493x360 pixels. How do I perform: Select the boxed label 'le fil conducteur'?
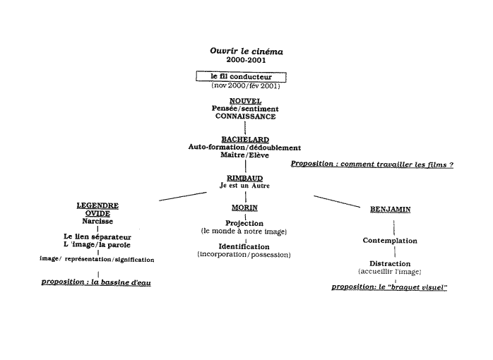tap(240, 76)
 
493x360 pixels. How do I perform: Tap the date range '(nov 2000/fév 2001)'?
tap(245, 85)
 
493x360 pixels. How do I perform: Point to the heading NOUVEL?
tap(246, 101)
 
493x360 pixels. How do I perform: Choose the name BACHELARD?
tap(245, 140)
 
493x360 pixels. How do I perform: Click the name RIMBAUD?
tap(245, 178)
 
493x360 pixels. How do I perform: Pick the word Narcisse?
tap(97, 221)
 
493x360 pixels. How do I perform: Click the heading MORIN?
tap(244, 208)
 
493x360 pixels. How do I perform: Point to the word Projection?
tap(244, 223)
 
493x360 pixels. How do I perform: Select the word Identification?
tap(244, 246)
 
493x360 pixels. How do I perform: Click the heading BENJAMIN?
tap(391, 210)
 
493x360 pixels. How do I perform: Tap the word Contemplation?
tap(390, 241)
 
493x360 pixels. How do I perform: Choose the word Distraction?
tap(390, 263)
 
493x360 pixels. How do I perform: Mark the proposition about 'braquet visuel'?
tap(390, 287)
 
